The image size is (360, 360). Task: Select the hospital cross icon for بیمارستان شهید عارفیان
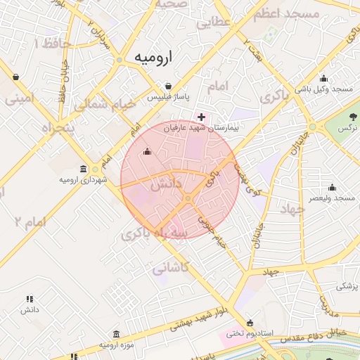(202, 117)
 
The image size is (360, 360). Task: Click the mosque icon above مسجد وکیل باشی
(323, 78)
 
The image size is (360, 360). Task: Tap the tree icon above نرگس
(352, 115)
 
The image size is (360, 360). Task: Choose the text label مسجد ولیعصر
(334, 199)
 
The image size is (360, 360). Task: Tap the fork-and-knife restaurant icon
(30, 298)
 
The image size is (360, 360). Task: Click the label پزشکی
(347, 286)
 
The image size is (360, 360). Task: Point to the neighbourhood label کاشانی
(169, 268)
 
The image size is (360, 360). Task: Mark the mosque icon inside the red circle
(147, 151)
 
